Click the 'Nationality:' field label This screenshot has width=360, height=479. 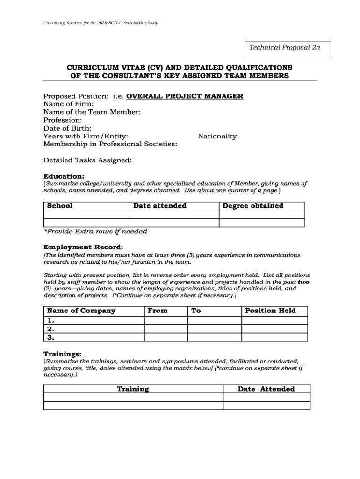(218, 136)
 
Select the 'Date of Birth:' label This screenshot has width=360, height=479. (67, 128)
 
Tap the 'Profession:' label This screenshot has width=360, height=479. (63, 120)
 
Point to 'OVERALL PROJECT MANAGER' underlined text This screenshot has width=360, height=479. (185, 96)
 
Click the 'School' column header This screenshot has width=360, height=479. (60, 206)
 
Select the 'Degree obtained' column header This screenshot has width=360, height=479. (253, 206)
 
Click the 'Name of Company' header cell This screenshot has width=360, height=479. (81, 311)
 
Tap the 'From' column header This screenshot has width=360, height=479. (158, 311)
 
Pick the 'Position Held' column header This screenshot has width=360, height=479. (270, 311)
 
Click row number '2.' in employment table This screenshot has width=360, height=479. (50, 329)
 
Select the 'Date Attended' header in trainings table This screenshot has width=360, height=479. (266, 389)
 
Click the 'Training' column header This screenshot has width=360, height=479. (133, 389)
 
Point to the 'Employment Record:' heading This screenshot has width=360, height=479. (84, 247)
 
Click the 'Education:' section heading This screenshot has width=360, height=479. (64, 176)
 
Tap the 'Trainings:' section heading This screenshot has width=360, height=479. (63, 354)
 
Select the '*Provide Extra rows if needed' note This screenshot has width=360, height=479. (95, 232)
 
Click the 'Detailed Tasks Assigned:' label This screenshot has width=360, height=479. (87, 160)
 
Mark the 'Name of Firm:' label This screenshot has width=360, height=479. (68, 104)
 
